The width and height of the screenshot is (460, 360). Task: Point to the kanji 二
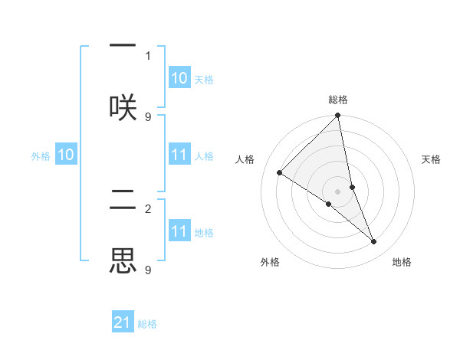tap(123, 201)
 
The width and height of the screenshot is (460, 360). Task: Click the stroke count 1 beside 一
tap(148, 55)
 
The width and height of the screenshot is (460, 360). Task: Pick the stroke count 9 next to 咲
tap(148, 116)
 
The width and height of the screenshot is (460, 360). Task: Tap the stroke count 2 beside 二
tap(148, 208)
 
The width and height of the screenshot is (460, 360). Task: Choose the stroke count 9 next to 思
tap(148, 270)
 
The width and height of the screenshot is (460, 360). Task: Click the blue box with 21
tap(123, 322)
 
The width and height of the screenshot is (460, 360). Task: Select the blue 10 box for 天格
tap(179, 78)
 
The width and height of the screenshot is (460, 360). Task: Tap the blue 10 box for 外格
tap(66, 155)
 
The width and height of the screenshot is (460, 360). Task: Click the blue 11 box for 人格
tap(179, 155)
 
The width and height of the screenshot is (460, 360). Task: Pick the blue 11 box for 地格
tap(179, 231)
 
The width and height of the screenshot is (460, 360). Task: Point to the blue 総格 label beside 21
tap(147, 324)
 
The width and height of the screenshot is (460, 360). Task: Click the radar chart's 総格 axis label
tap(338, 100)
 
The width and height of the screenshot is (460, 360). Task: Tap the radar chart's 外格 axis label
tap(270, 262)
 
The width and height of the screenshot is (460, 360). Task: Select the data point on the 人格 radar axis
tap(280, 173)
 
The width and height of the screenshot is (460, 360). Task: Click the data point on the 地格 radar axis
tap(374, 241)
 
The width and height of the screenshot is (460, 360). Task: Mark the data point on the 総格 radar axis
tap(338, 116)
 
